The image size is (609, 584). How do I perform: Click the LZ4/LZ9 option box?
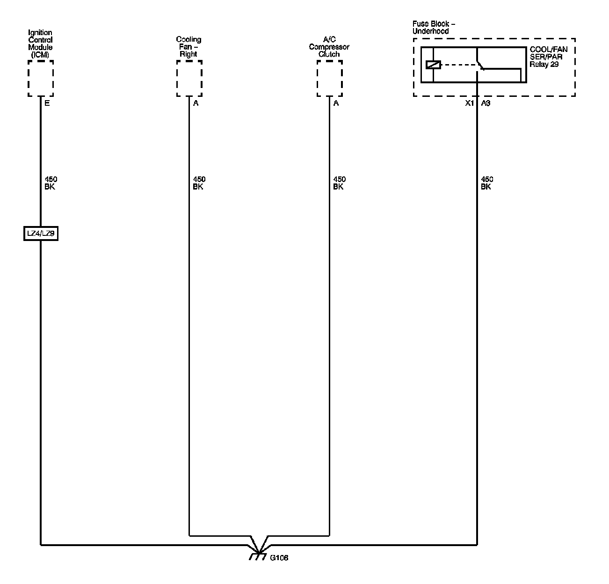click(41, 234)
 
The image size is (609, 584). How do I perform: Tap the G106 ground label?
click(279, 558)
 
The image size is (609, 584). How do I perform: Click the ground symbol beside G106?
click(256, 556)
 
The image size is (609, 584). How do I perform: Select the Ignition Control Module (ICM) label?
click(40, 44)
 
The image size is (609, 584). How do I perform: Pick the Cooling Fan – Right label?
click(188, 47)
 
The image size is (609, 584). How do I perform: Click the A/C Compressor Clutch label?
click(329, 47)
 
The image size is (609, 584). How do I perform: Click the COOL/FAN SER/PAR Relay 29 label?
click(548, 57)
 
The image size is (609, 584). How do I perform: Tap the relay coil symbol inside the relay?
click(434, 65)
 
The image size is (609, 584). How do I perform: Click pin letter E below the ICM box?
click(47, 103)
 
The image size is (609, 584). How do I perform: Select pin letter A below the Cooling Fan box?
click(196, 103)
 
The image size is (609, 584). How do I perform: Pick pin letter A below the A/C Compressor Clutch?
click(336, 103)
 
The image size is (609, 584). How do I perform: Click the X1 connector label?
click(469, 103)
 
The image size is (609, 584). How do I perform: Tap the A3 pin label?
click(486, 103)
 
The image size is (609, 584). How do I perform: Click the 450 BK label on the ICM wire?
click(51, 183)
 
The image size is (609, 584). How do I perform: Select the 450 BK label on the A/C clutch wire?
click(339, 183)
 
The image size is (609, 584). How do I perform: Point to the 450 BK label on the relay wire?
click(487, 183)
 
